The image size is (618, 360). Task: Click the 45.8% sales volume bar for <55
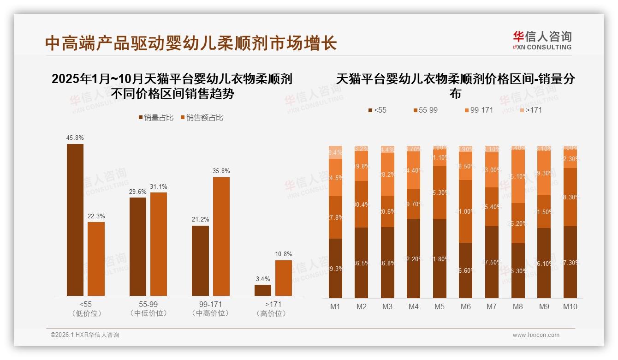75,220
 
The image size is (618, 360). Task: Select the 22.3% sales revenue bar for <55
96,259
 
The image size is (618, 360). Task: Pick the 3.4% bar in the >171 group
263,290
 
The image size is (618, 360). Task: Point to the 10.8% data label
284,254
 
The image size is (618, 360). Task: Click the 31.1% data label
159,186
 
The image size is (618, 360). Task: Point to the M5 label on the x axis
440,306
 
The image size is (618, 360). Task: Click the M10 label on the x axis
570,306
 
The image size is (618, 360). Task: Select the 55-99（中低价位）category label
148,309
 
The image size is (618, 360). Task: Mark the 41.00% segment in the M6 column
466,211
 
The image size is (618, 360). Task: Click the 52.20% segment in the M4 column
414,258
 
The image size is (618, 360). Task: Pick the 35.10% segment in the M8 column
518,176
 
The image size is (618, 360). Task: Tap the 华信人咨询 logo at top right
542,40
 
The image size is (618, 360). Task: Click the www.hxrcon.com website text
536,335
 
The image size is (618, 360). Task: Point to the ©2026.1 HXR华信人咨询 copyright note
84,335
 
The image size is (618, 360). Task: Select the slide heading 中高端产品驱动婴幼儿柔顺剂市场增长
191,43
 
